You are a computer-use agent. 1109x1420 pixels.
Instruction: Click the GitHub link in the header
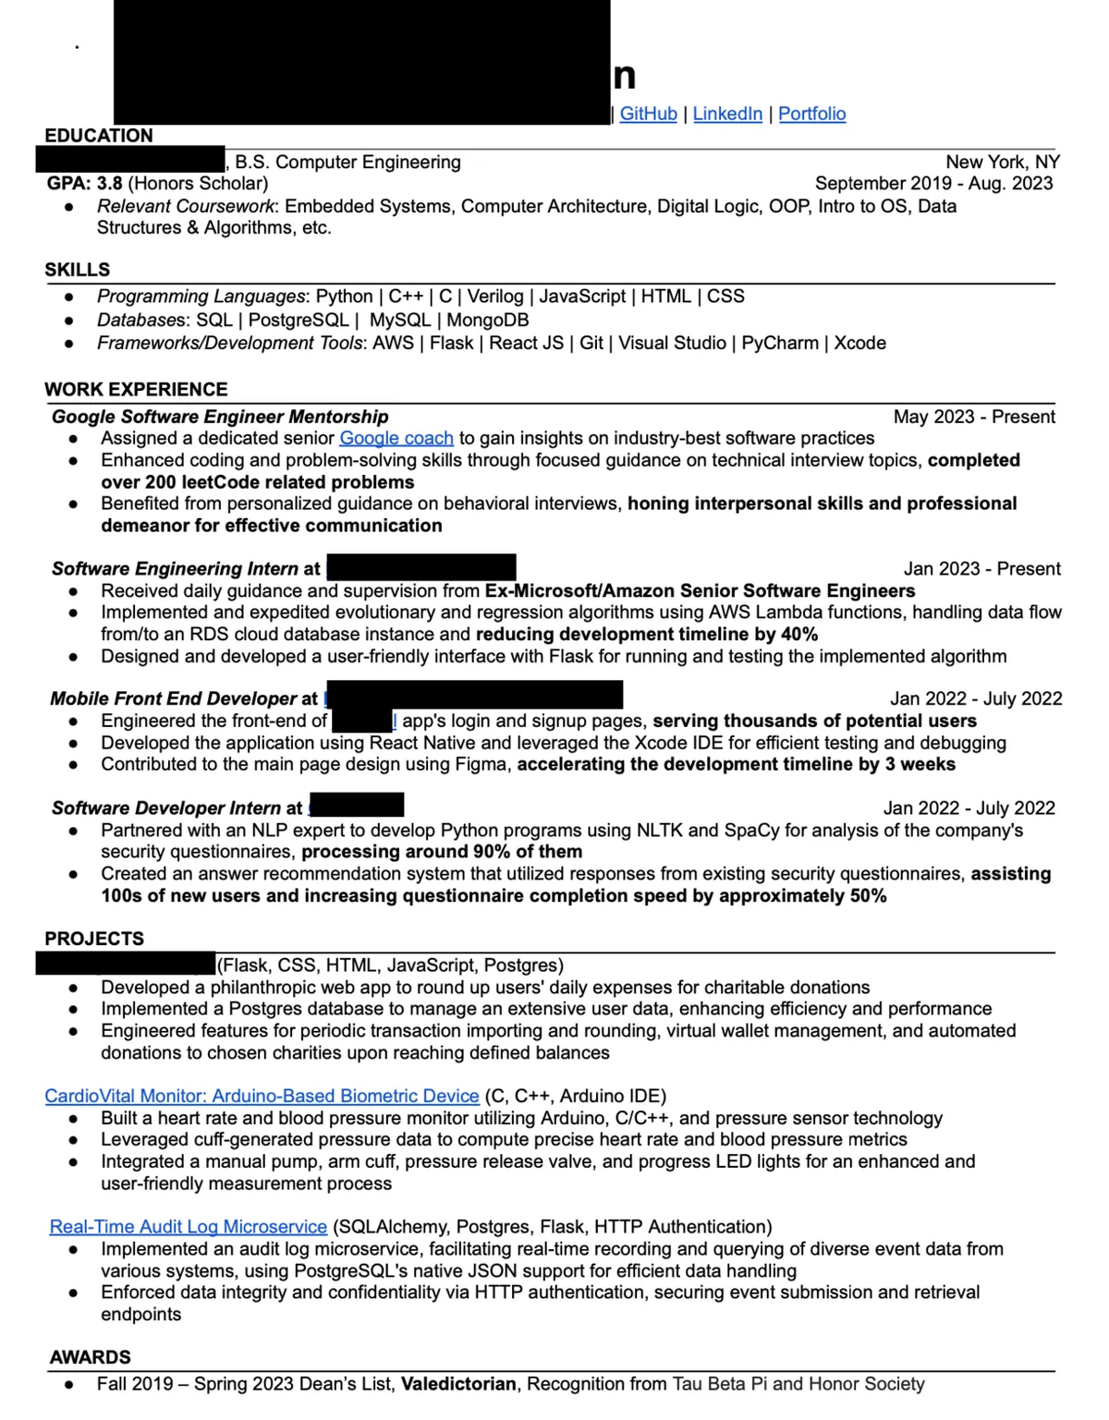648,114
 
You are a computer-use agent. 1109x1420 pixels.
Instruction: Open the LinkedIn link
727,114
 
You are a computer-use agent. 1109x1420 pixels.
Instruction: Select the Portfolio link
811,114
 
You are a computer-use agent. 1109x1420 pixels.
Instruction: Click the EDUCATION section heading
99,136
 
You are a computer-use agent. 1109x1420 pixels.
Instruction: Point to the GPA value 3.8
110,183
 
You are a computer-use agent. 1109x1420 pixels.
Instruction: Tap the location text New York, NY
1003,162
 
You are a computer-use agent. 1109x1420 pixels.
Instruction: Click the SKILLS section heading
78,270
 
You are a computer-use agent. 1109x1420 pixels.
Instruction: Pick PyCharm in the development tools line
780,343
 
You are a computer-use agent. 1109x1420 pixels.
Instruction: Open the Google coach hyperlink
396,438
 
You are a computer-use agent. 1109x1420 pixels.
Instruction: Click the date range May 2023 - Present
974,417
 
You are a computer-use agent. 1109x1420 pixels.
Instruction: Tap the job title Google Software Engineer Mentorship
220,417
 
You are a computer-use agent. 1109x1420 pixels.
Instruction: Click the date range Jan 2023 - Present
981,569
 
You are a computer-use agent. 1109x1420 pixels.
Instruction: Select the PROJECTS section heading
94,939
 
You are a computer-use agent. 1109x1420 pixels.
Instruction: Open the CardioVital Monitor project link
262,1096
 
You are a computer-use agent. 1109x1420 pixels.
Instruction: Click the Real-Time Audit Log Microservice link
189,1227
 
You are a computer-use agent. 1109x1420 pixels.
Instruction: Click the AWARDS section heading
91,1357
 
